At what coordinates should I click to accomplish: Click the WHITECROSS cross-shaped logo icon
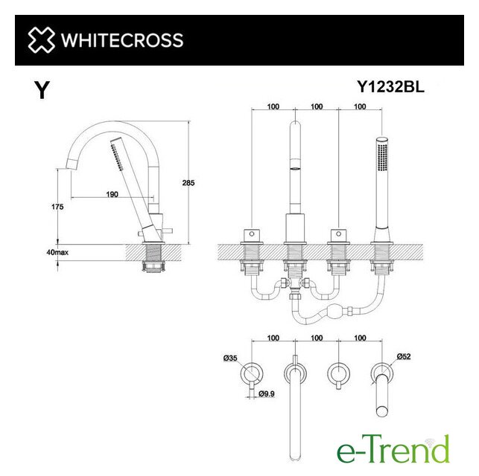(42, 40)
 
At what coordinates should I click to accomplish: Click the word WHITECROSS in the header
(122, 40)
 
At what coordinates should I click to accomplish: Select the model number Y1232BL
(390, 87)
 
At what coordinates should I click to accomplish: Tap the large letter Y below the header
(42, 90)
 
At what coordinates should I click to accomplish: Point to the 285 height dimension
(188, 183)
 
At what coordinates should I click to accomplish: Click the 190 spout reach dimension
(112, 194)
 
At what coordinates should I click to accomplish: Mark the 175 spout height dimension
(57, 207)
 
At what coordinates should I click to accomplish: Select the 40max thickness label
(57, 252)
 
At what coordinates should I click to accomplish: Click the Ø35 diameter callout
(230, 358)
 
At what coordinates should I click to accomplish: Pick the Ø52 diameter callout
(404, 356)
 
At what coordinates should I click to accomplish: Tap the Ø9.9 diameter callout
(267, 393)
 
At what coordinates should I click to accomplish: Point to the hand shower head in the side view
(118, 153)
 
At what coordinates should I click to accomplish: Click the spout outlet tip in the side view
(71, 164)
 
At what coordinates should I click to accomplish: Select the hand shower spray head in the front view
(382, 156)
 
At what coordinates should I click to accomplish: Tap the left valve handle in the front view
(251, 234)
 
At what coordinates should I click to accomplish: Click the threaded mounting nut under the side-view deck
(153, 266)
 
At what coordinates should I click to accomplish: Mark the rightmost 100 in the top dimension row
(360, 106)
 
